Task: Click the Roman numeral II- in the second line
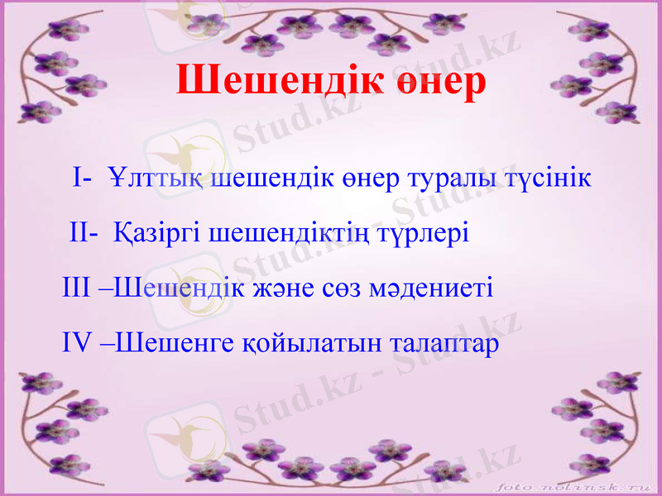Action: coord(84,233)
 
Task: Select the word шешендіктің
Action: coord(288,233)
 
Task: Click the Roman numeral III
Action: coord(79,289)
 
